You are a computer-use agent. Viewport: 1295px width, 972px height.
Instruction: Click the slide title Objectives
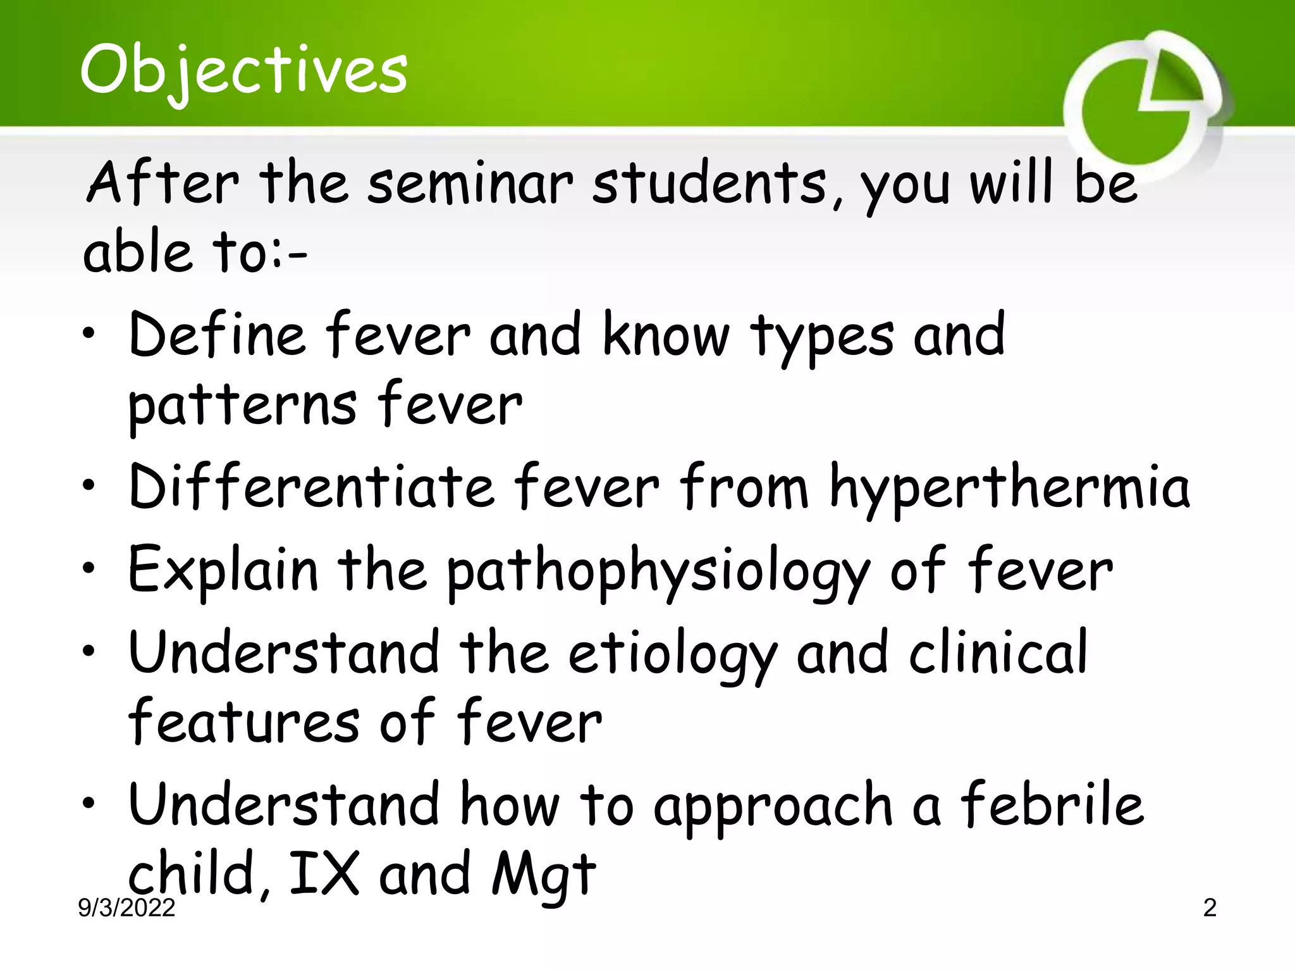click(x=243, y=71)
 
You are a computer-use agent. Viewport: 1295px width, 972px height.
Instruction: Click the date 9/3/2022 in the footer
click(x=126, y=907)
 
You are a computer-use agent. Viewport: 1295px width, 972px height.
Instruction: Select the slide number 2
click(x=1209, y=907)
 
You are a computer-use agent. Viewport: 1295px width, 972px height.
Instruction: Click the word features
click(x=243, y=721)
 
